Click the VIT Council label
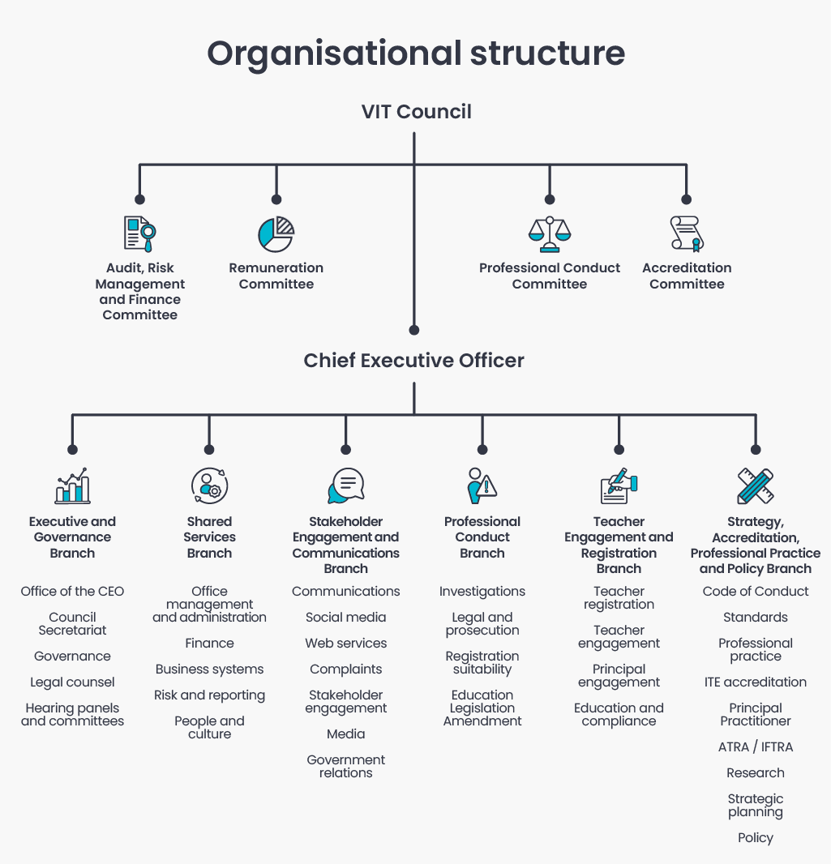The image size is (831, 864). [x=416, y=111]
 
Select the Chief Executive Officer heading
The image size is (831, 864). [x=413, y=361]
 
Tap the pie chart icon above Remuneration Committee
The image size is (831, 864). [x=276, y=234]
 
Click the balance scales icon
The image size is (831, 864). [x=550, y=234]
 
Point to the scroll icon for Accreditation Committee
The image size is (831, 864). [x=687, y=234]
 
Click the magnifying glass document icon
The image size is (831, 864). [x=140, y=234]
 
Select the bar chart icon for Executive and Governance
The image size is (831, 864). [x=72, y=485]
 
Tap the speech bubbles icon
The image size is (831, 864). [x=346, y=485]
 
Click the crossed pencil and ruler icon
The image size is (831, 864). [x=756, y=485]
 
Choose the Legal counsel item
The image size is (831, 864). [x=72, y=682]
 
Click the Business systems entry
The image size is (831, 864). [x=209, y=669]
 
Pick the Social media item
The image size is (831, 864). [x=346, y=617]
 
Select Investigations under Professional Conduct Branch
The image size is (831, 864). [x=482, y=591]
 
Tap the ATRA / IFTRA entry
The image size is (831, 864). [x=756, y=746]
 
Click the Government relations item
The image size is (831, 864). [x=346, y=766]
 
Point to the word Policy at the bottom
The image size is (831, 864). [x=756, y=837]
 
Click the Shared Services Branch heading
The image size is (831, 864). [x=209, y=537]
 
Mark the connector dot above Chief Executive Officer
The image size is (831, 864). [x=413, y=330]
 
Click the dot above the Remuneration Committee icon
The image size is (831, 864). [x=276, y=199]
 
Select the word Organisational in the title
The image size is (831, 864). [x=335, y=54]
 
